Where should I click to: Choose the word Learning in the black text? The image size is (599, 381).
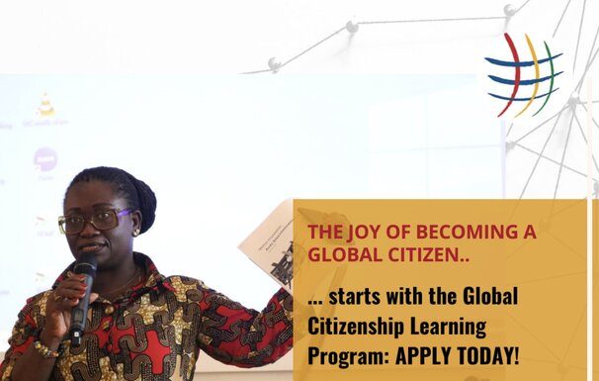click(x=448, y=327)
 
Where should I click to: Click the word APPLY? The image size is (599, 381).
click(x=423, y=355)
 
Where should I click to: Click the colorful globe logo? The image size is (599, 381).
click(x=524, y=75)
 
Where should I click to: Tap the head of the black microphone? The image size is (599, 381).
click(x=86, y=264)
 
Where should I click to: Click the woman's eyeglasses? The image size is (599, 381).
click(x=94, y=221)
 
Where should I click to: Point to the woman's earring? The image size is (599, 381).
click(x=135, y=233)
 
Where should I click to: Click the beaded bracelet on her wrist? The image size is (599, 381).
click(x=45, y=349)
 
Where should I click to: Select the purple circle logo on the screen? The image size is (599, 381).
click(x=45, y=159)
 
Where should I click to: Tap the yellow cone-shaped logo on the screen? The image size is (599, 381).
click(x=45, y=105)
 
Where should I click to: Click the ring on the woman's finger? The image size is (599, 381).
click(x=56, y=296)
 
